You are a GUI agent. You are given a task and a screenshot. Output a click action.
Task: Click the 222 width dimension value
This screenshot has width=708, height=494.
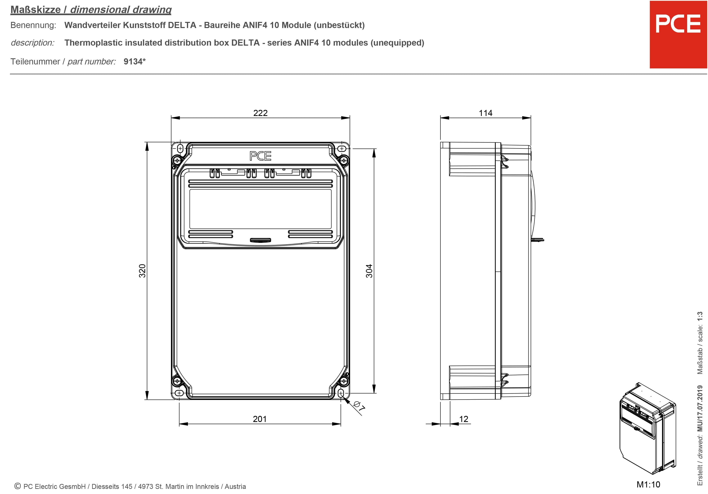(260, 113)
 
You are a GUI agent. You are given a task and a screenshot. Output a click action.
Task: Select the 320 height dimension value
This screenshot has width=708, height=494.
(142, 271)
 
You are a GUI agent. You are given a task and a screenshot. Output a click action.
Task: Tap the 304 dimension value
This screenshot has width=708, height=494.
(369, 271)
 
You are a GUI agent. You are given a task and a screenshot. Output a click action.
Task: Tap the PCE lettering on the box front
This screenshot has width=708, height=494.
(260, 156)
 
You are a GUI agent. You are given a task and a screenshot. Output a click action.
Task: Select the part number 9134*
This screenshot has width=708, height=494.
(134, 61)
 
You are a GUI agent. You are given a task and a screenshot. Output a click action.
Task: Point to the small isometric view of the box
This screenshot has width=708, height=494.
(647, 429)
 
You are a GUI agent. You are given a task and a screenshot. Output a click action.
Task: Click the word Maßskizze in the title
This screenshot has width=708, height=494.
(35, 10)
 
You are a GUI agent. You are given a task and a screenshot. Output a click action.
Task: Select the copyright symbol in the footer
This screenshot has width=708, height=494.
(18, 486)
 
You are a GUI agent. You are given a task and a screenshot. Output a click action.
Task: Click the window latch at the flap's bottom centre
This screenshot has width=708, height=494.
(260, 240)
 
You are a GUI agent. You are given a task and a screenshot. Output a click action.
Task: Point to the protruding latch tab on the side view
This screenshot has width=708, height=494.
(538, 240)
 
